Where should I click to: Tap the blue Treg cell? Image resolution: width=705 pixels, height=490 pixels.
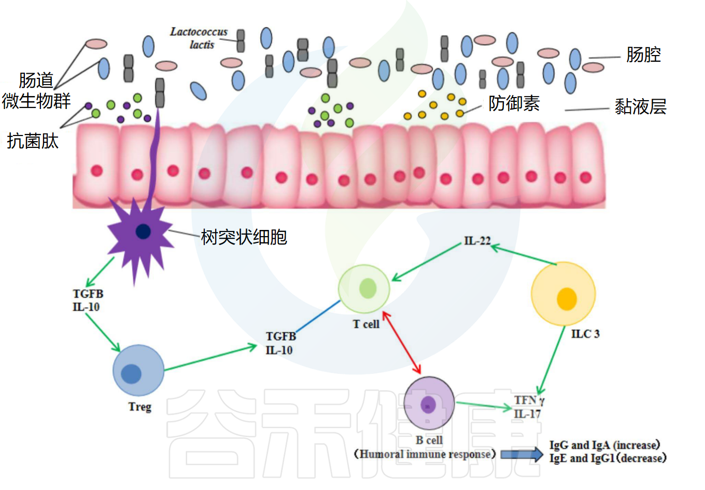click(138, 371)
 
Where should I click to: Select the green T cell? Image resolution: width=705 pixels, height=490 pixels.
click(364, 289)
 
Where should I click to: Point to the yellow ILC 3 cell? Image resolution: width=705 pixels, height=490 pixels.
click(563, 294)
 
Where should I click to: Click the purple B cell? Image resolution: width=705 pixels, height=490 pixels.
click(429, 403)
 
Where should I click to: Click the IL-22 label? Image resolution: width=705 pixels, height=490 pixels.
click(477, 241)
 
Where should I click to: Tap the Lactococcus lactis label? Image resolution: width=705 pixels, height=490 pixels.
click(199, 38)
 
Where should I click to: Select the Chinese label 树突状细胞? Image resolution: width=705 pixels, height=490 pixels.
click(244, 237)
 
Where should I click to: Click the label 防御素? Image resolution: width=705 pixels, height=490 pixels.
click(514, 103)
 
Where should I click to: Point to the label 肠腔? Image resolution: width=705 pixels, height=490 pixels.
click(643, 55)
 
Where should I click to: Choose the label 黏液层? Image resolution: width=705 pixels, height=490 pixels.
click(640, 107)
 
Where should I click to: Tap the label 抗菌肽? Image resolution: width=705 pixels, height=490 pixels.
click(33, 141)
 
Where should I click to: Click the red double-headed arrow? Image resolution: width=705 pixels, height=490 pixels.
click(401, 342)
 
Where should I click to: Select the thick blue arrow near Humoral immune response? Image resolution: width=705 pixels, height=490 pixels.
click(521, 454)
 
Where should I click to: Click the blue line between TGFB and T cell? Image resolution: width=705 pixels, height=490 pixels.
click(317, 317)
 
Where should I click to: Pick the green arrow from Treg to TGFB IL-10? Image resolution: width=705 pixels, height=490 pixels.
click(210, 358)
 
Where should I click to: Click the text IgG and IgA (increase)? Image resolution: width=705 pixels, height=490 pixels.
click(604, 445)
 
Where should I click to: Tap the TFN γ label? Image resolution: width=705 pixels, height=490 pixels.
click(529, 400)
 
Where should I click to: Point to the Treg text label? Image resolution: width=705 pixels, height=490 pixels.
click(140, 406)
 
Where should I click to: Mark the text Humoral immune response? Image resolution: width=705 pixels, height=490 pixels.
click(425, 454)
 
